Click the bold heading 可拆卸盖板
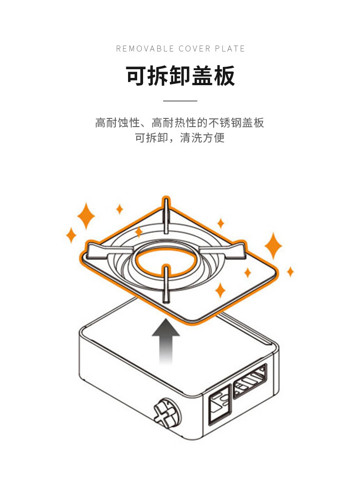click(x=180, y=76)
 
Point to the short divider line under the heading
click(x=180, y=101)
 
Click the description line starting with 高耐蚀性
click(x=180, y=123)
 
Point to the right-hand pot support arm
click(x=222, y=250)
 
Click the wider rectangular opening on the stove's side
click(x=250, y=381)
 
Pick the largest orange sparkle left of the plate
click(x=86, y=216)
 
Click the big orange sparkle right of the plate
click(x=273, y=246)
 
